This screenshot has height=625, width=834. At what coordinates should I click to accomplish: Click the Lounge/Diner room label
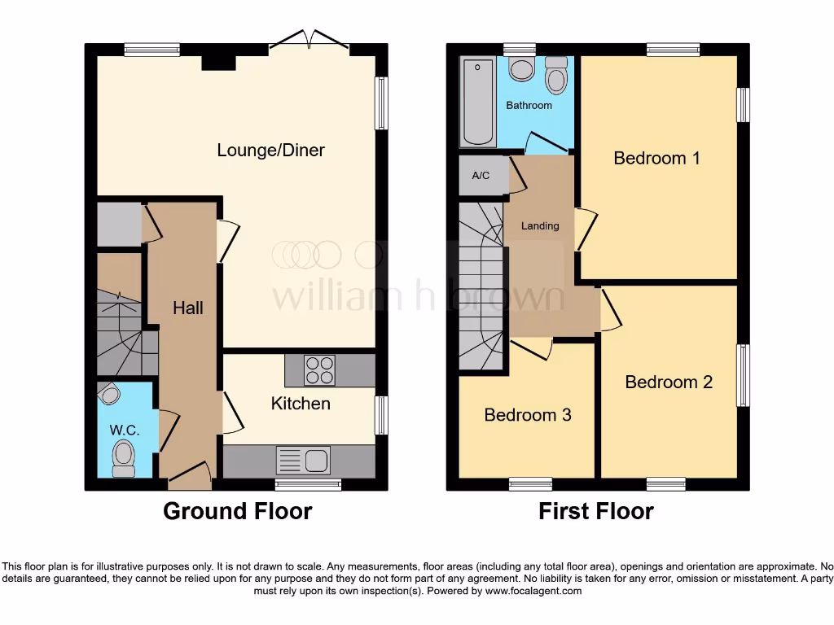pos(270,151)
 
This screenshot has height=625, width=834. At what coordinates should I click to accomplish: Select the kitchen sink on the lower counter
pos(302,461)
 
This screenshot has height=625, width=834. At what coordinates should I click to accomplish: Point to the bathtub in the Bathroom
pos(477,102)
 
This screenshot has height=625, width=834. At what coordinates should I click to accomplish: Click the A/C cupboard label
pos(481,176)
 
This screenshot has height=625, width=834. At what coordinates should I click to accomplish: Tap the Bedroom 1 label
pos(656,158)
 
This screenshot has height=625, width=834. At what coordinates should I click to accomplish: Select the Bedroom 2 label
pos(669,382)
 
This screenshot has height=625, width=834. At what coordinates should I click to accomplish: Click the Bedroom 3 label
pos(527,415)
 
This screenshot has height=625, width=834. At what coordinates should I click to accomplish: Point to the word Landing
pos(540,225)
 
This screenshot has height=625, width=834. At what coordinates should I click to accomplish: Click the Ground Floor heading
pos(237,511)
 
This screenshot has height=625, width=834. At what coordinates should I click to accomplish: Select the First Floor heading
pos(595,511)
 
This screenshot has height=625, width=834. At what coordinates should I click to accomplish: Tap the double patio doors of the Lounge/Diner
pos(310,41)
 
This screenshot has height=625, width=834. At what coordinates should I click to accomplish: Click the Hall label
pos(187,308)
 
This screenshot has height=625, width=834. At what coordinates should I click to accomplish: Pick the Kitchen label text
pos(301,404)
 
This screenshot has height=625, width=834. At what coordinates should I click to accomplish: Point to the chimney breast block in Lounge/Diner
pos(217,62)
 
